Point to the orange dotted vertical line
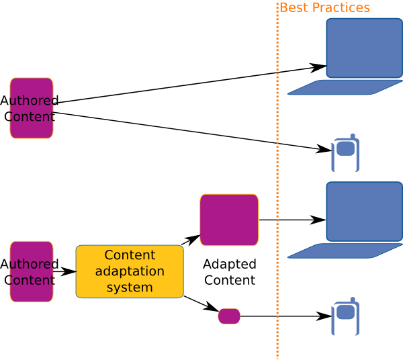277,181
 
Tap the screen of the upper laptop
364,48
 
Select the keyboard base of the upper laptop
344,87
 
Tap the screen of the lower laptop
364,211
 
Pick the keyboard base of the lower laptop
344,251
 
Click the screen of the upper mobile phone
345,148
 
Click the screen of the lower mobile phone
345,312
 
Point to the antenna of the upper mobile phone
352,136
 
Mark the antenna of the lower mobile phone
352,300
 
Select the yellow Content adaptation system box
130,271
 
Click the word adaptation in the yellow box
130,271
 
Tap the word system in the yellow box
130,287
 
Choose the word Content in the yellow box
130,255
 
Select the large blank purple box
229,220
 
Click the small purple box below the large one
229,316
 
